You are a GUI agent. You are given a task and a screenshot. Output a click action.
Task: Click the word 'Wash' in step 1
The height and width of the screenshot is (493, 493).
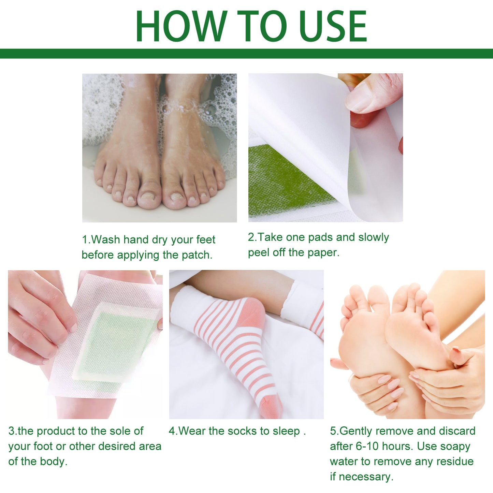105,240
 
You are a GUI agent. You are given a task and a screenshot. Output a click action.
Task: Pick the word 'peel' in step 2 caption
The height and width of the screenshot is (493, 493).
258,252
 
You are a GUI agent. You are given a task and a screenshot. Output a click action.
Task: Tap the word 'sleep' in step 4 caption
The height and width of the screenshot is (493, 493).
286,431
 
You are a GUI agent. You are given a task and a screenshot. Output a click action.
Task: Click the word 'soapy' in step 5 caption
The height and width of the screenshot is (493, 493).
455,446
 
